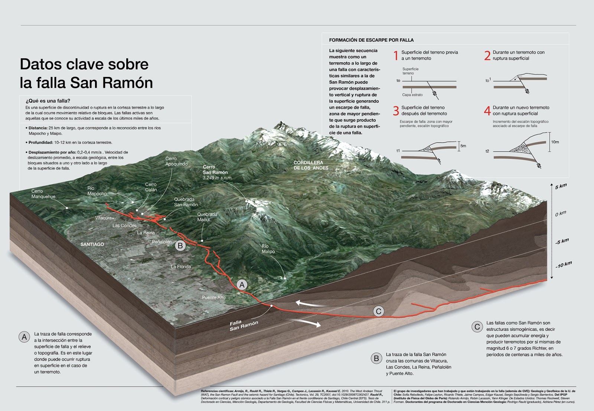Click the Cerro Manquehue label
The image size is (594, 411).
pos(43,194)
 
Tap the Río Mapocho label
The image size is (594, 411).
pos(97,191)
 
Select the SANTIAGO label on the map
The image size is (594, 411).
pos(92,244)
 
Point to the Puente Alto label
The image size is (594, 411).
pos(213,297)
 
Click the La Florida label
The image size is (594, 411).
pos(181,266)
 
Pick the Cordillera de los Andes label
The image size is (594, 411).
pos(311,165)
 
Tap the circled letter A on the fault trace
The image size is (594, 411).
pos(242,285)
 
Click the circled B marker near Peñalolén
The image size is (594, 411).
pos(180,246)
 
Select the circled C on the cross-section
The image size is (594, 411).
pos(378,311)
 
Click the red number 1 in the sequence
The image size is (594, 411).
pos(396,56)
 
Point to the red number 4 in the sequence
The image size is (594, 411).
pos(487,111)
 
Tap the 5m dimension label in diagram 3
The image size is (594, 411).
pos(463,146)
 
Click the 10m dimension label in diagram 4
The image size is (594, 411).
pos(555,142)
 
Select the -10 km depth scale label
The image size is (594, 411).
pos(564,265)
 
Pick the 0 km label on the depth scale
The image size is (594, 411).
pos(561,214)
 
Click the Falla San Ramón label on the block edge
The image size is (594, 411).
pos(243,325)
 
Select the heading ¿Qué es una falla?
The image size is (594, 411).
pos(48,101)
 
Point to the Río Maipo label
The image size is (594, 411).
pos(268,249)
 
